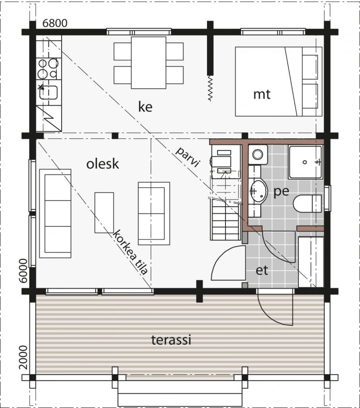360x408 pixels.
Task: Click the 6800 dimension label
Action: tap(55, 23)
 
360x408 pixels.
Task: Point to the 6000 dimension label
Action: tap(24, 271)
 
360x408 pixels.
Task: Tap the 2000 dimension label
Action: tap(24, 357)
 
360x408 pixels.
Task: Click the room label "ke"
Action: tap(145, 107)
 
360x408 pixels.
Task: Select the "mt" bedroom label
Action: tap(262, 94)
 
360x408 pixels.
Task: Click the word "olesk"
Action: tap(102, 164)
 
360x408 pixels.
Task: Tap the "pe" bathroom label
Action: tap(281, 191)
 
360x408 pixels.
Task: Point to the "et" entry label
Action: tap(262, 271)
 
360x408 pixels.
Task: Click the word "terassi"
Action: tap(171, 340)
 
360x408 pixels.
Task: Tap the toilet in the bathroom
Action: tap(307, 203)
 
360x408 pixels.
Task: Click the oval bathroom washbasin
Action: tap(259, 191)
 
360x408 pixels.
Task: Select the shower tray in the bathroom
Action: tap(305, 162)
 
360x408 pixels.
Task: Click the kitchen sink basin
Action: tap(48, 92)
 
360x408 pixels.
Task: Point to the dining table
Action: tap(149, 63)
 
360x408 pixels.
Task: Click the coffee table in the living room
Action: tap(104, 213)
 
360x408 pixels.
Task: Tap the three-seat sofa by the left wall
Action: tap(55, 214)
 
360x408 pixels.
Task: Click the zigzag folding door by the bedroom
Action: tap(210, 88)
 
